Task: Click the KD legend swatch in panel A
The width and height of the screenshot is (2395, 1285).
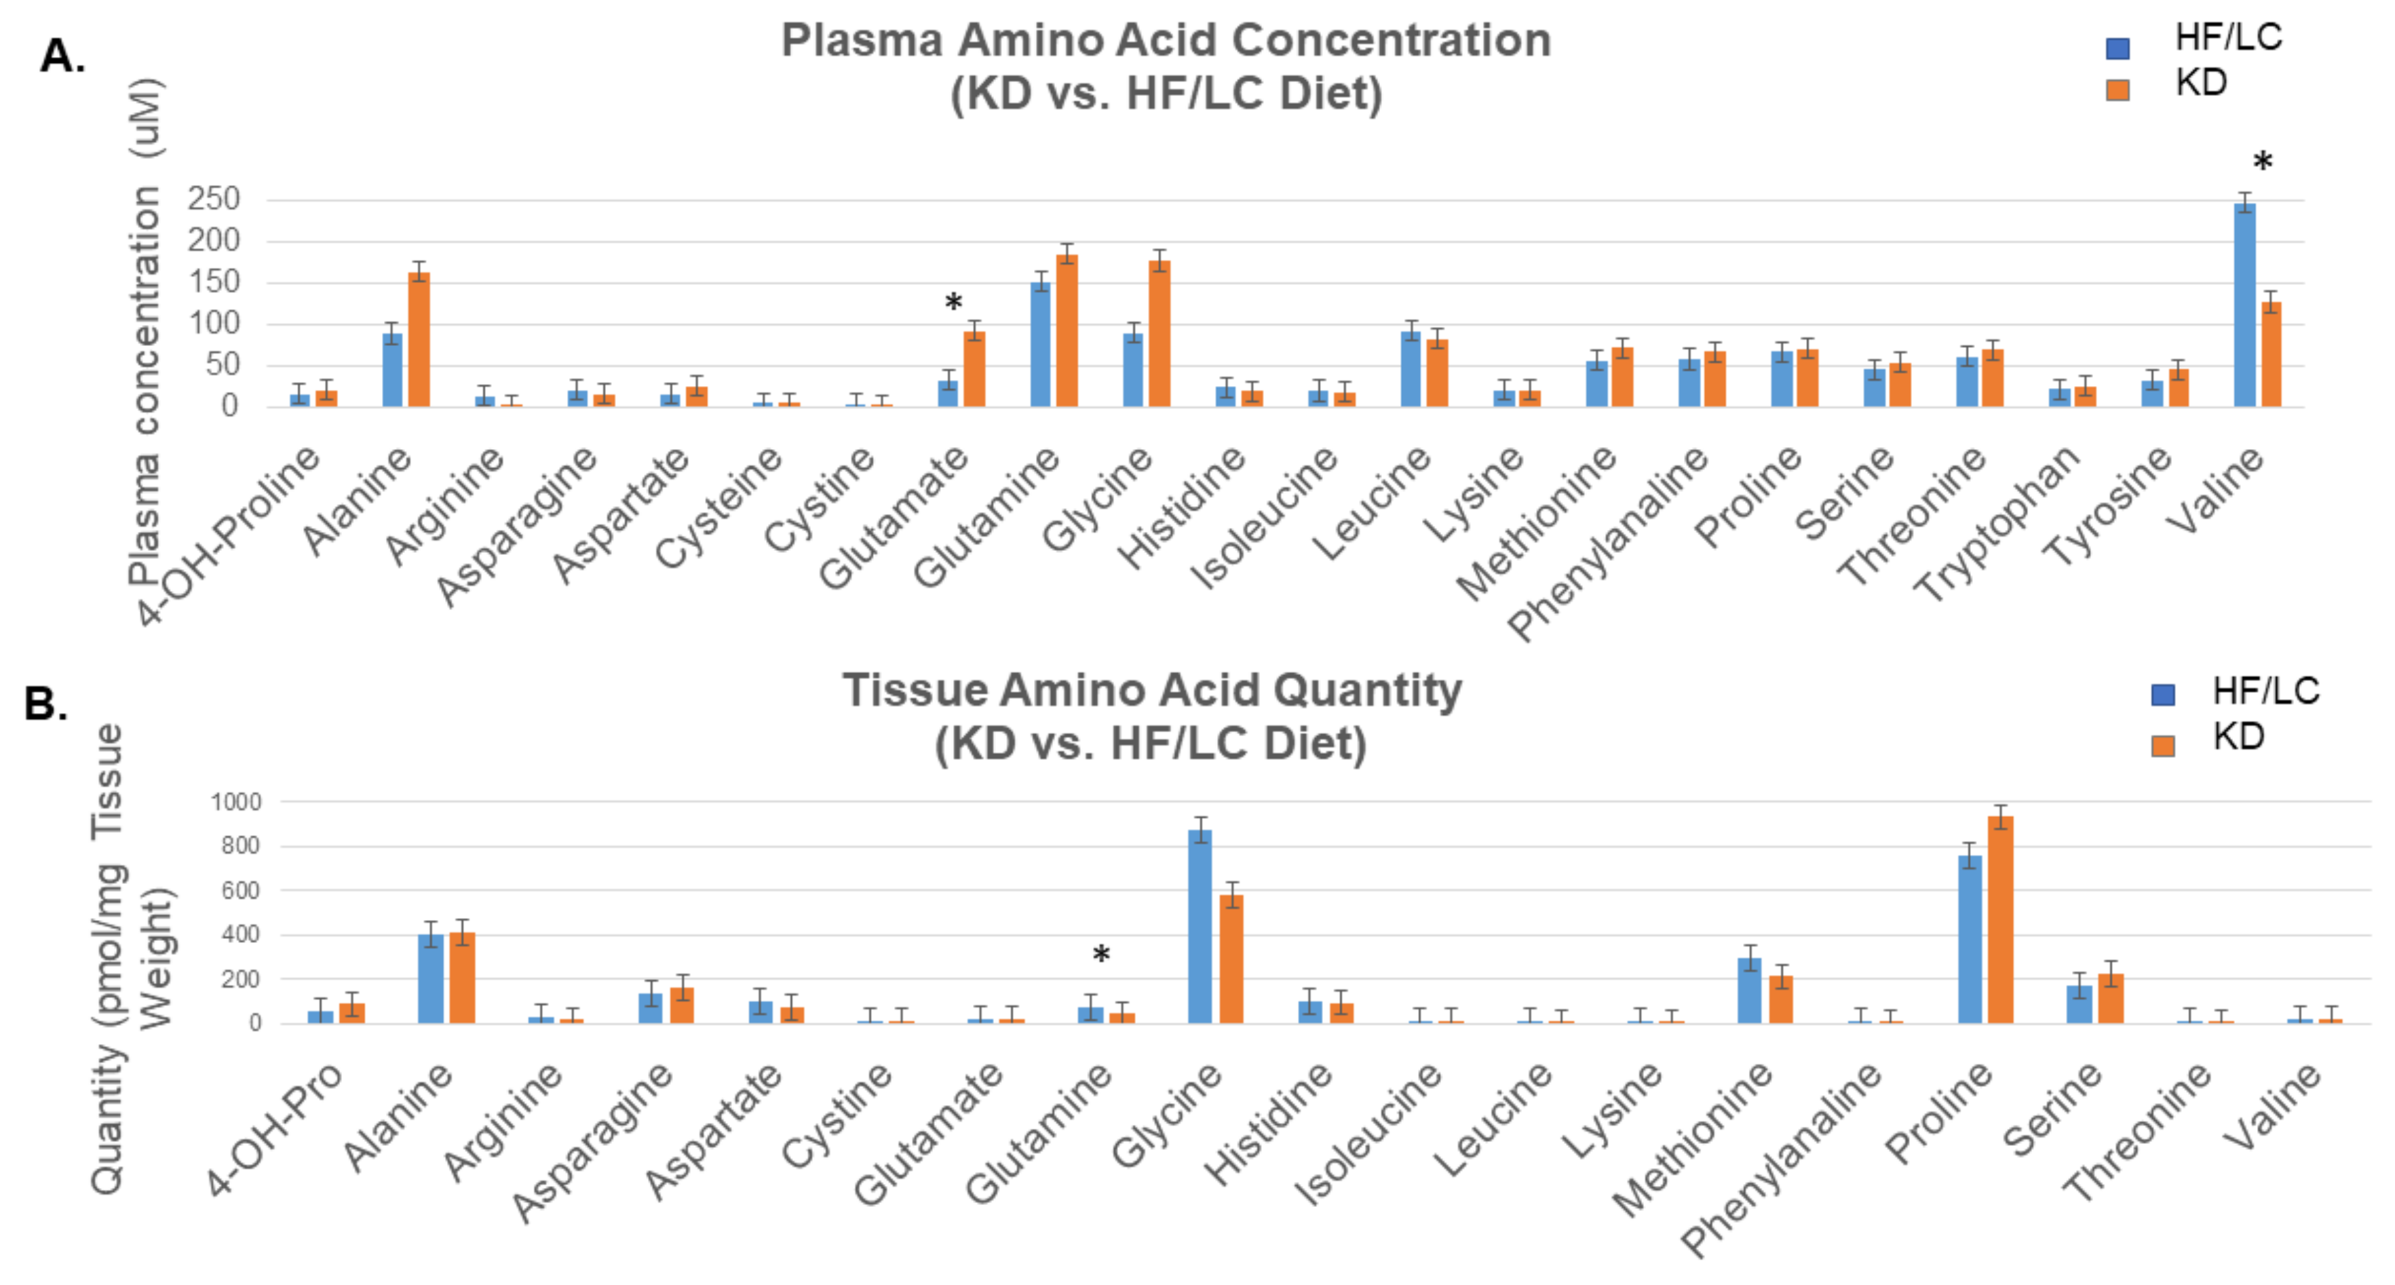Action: [x=2117, y=90]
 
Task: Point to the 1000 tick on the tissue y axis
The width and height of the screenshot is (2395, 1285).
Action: [x=235, y=801]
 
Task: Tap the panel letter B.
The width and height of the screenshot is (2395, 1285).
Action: [x=45, y=704]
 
